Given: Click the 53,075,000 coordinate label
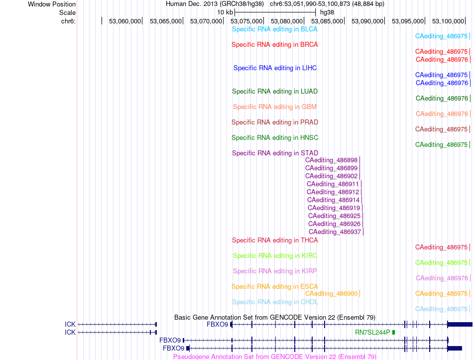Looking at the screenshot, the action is (246, 21).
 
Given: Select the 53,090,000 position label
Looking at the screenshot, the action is (367, 21).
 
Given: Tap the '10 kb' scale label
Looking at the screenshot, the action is (225, 12).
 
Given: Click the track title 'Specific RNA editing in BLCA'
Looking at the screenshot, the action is (274, 29).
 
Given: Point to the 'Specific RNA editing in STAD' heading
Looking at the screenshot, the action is (275, 153).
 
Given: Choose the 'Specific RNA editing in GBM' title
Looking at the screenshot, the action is (275, 107).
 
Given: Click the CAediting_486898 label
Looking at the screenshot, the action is (331, 160).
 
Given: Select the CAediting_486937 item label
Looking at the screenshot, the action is (335, 232).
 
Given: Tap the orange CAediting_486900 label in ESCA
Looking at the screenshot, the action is (331, 294).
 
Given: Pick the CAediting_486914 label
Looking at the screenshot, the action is (333, 200).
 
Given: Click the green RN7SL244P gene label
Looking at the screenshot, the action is (372, 332).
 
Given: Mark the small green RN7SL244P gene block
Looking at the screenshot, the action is (393, 332).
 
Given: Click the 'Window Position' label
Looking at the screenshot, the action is (52, 4).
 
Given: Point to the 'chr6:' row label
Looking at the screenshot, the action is (69, 21).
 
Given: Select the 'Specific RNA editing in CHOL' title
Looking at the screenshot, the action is (275, 302).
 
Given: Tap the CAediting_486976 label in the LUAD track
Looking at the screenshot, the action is (442, 99).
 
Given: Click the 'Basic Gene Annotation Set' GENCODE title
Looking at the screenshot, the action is (275, 318).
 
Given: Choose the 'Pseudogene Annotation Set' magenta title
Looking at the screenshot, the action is (275, 357).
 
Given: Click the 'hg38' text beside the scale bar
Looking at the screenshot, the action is (327, 12).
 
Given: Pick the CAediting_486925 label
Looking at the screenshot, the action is (334, 216).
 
